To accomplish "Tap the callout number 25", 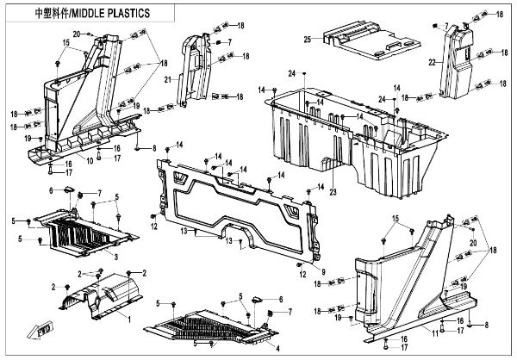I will point(307,40).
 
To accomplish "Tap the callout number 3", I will point(116,256).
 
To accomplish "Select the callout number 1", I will point(130,320).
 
